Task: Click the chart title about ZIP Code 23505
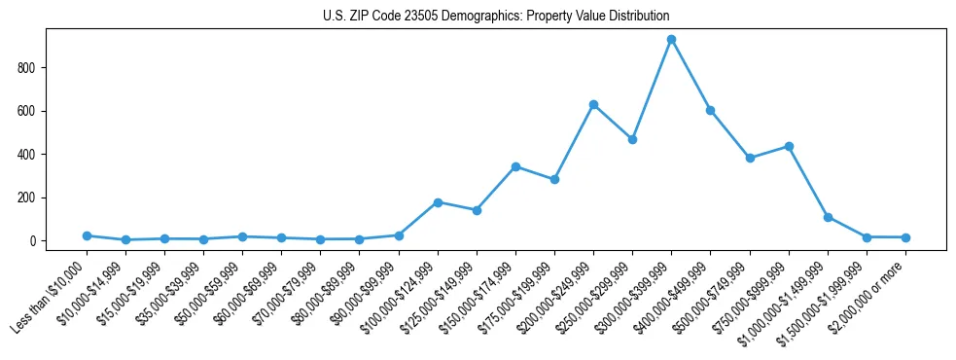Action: click(496, 17)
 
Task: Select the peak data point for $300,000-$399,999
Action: click(671, 40)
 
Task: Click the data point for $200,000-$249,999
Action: click(593, 104)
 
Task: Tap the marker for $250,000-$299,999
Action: click(632, 139)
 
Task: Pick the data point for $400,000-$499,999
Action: click(710, 111)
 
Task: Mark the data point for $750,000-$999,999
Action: click(789, 146)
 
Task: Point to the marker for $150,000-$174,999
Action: click(515, 166)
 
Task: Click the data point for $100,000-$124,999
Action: click(438, 202)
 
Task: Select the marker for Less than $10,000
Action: click(87, 235)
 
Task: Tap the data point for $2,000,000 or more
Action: click(905, 237)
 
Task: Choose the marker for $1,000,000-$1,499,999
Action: click(828, 217)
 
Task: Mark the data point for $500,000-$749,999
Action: click(750, 158)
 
